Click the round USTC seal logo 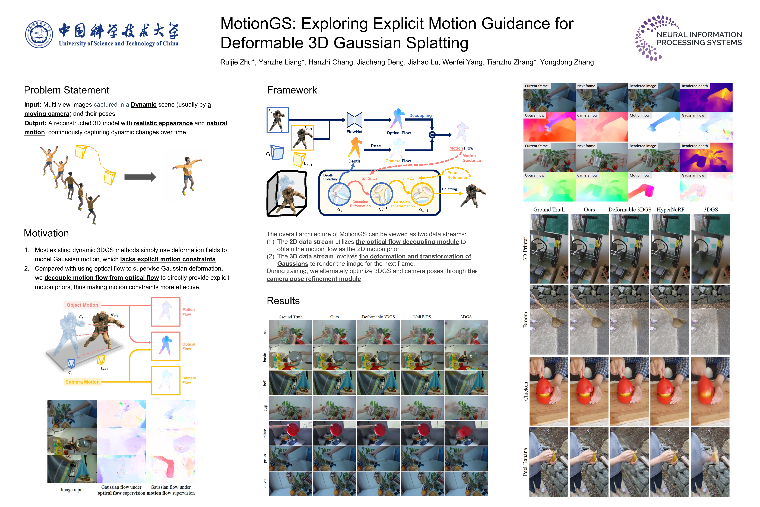tap(39, 34)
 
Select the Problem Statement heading tap(66, 90)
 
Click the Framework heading tap(292, 90)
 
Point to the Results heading tap(283, 301)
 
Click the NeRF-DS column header tap(422, 317)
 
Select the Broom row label tap(525, 320)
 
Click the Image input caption tap(72, 490)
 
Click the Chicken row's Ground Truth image tap(549, 391)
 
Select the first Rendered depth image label tap(695, 86)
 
